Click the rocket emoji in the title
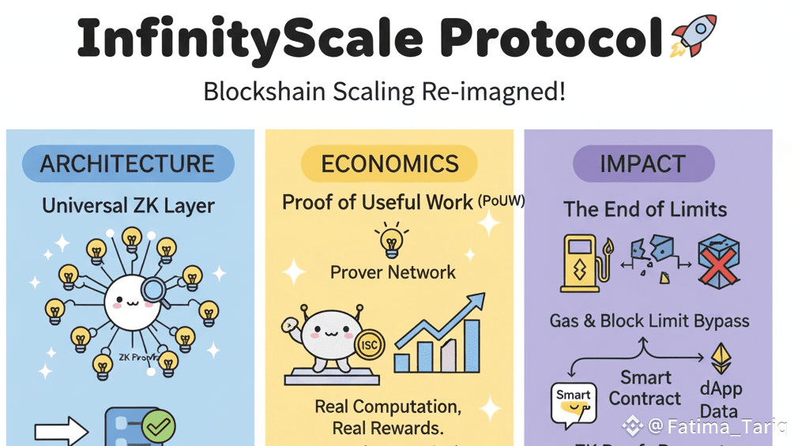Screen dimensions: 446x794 (x=693, y=36)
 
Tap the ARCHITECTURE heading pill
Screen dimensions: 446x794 (x=128, y=163)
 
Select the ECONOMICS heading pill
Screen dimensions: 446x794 (x=389, y=163)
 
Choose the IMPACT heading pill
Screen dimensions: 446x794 (x=643, y=163)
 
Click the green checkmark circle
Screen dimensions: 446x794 (x=159, y=426)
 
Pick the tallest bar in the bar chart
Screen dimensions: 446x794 (x=472, y=345)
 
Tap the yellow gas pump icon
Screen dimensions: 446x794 (x=585, y=262)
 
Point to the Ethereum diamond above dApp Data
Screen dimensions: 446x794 (x=721, y=358)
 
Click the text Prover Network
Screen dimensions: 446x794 (x=393, y=272)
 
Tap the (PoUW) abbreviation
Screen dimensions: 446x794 (x=501, y=201)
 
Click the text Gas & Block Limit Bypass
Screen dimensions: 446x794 (x=649, y=320)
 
